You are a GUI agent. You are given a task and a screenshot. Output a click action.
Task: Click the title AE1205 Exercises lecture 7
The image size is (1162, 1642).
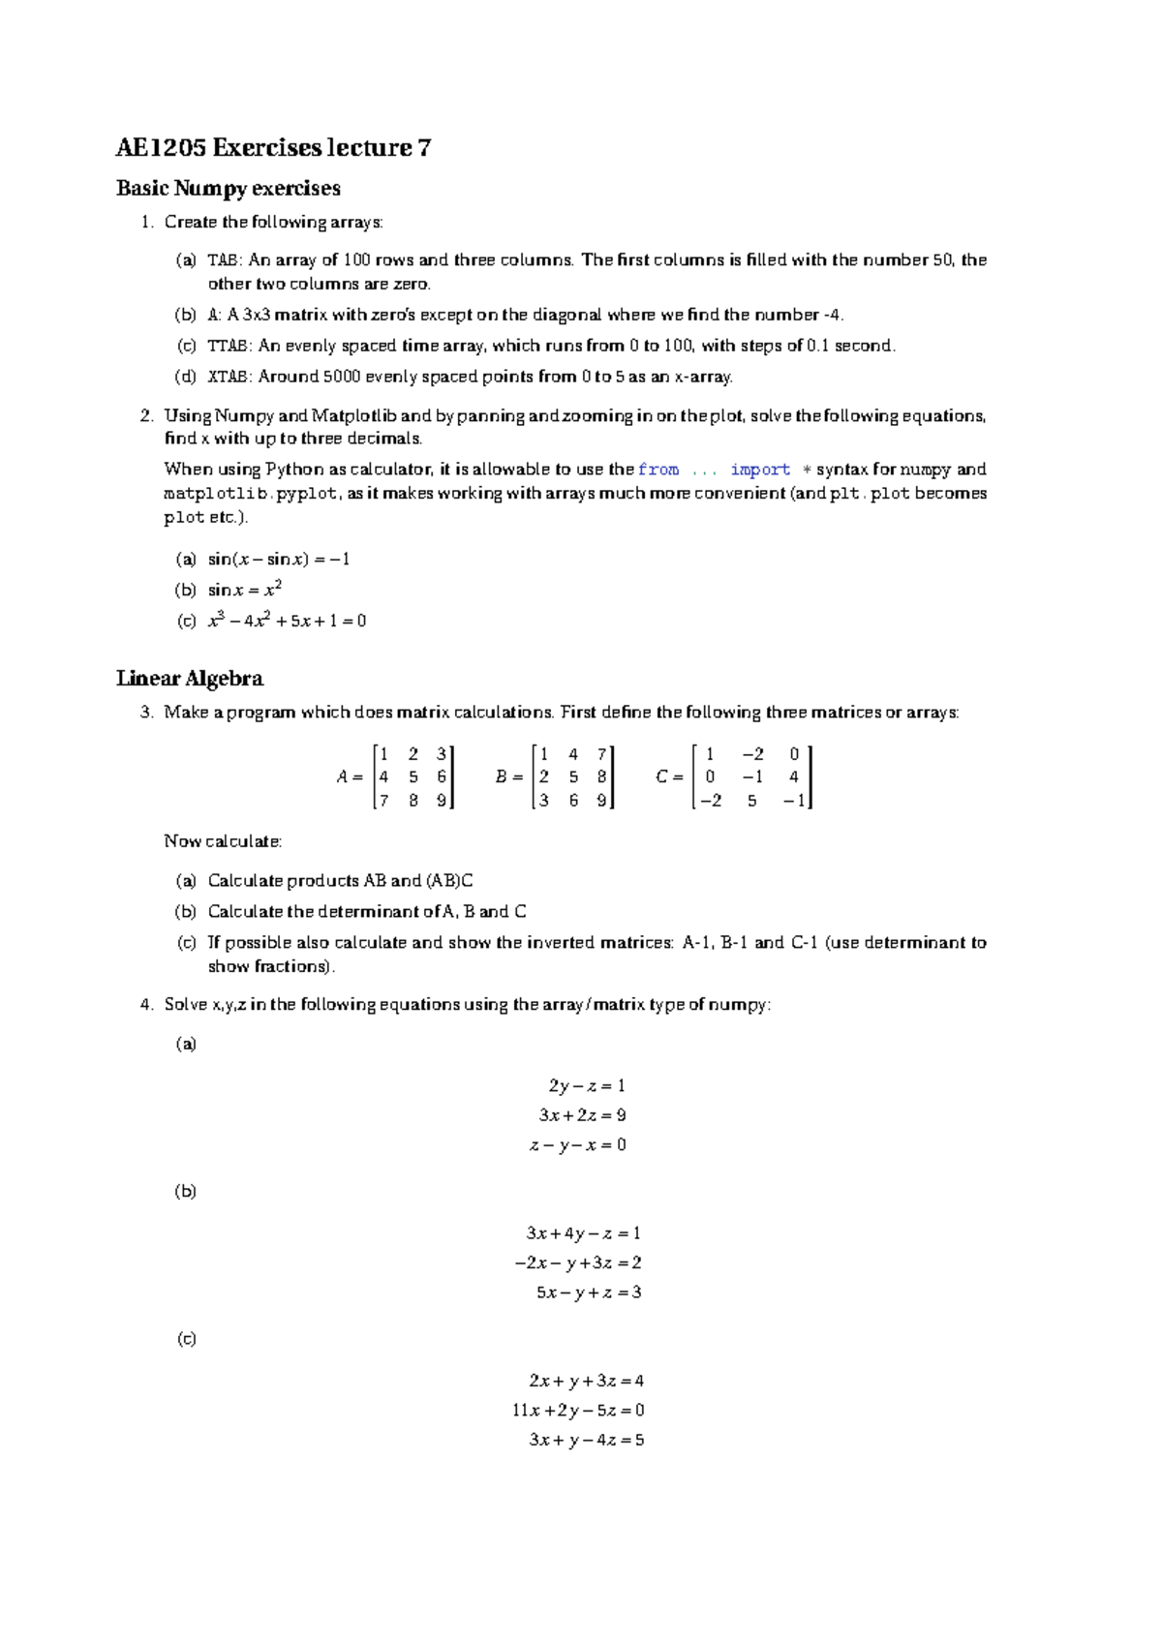(273, 148)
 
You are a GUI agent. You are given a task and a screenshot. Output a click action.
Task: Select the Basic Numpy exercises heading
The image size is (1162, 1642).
(229, 189)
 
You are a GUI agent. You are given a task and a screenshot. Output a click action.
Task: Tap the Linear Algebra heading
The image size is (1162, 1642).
(190, 679)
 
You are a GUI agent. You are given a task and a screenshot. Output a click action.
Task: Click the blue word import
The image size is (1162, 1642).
(760, 470)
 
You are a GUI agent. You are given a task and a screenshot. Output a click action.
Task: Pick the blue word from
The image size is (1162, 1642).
(658, 470)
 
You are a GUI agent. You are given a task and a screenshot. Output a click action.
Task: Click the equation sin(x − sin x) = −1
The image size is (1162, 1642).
(279, 559)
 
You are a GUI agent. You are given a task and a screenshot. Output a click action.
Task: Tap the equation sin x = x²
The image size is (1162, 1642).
(245, 590)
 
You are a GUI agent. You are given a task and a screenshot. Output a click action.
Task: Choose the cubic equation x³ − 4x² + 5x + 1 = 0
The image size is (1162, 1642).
(287, 621)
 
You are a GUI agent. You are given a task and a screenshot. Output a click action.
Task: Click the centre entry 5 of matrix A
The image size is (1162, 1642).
(413, 776)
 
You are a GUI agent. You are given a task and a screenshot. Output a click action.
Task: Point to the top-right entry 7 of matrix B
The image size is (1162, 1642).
(601, 754)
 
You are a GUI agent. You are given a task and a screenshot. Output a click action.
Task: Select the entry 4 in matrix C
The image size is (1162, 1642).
(794, 776)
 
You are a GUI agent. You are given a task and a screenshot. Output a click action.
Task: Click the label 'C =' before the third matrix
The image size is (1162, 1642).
(669, 776)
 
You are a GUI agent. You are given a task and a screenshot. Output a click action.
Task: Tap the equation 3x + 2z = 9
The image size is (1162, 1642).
(582, 1115)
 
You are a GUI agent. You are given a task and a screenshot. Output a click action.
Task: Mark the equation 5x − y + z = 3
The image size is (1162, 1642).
(589, 1292)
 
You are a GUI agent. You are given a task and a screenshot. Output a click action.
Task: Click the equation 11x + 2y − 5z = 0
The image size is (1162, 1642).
(578, 1411)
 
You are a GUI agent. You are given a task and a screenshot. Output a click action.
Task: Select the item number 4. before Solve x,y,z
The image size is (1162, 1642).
(146, 1005)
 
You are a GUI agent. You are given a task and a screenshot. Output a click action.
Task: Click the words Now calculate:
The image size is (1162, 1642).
(223, 841)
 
